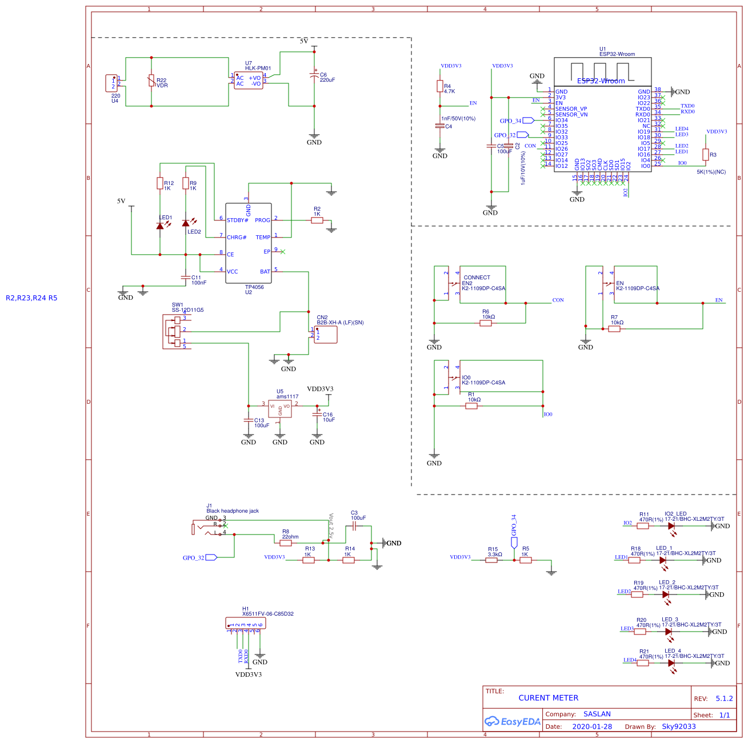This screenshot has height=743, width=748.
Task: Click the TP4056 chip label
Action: point(254,287)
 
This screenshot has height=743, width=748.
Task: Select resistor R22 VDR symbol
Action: point(151,81)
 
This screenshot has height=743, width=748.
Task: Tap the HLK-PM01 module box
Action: point(249,81)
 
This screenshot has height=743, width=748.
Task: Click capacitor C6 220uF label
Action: point(327,77)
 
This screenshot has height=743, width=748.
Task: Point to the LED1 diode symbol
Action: point(160,226)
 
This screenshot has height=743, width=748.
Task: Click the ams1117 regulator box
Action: point(280,409)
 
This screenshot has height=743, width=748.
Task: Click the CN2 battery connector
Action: point(325,335)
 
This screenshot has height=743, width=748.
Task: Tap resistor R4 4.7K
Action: point(440,86)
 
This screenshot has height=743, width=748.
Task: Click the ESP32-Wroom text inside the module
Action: point(601,81)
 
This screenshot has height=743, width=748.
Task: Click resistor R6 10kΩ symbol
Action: point(486,323)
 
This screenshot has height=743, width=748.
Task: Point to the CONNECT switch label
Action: point(477,278)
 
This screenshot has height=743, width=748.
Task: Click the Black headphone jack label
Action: point(233,511)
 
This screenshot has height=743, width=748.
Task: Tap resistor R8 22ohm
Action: point(286,543)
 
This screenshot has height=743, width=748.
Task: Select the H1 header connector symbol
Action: point(246,624)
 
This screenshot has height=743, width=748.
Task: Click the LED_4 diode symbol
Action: point(671,663)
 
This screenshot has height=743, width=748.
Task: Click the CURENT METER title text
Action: point(548,698)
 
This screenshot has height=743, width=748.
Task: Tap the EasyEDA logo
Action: point(513,721)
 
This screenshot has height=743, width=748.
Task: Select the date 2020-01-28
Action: point(592,727)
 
